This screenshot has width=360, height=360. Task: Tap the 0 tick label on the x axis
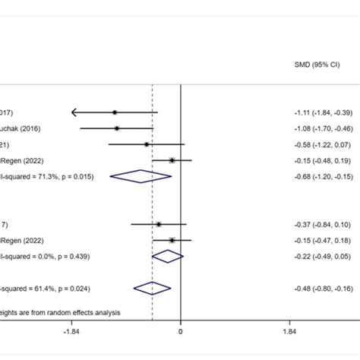(180, 332)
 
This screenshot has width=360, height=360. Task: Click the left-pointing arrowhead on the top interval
(74, 112)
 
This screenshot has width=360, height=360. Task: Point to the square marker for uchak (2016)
(116, 128)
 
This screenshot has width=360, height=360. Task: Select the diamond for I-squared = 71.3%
(141, 176)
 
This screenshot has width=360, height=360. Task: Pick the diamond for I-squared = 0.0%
(168, 256)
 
